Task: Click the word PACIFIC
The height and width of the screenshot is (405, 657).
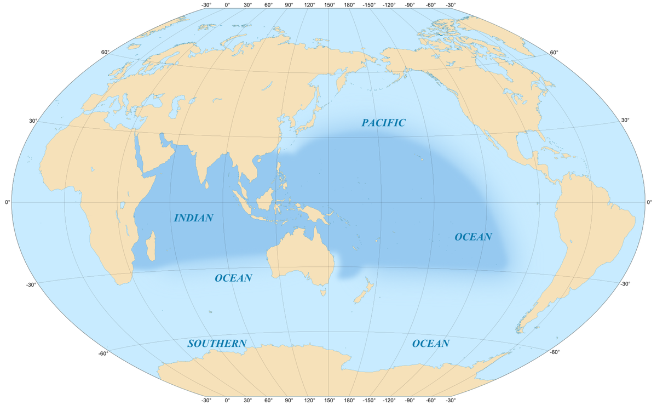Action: coord(383,123)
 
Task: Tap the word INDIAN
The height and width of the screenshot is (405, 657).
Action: coord(193,218)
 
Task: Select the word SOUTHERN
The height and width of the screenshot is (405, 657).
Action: coord(217,344)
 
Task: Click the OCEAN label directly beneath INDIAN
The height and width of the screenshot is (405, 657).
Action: coord(233,278)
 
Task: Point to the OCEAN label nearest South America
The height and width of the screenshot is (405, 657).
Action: coord(473,237)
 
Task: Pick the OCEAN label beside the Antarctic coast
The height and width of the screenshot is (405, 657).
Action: coord(430,344)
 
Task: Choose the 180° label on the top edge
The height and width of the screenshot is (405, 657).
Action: coord(348,5)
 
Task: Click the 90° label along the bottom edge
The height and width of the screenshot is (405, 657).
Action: coord(289,400)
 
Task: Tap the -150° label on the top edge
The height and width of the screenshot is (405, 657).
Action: coord(368,5)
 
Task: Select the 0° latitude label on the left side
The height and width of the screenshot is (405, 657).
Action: coord(7,202)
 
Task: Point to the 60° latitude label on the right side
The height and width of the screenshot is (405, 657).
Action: coord(554,53)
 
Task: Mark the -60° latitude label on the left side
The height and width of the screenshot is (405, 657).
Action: coord(102,353)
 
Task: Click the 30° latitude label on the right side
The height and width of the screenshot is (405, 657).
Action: coord(625,120)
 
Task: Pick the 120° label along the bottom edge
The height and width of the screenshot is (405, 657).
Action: coord(309,400)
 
